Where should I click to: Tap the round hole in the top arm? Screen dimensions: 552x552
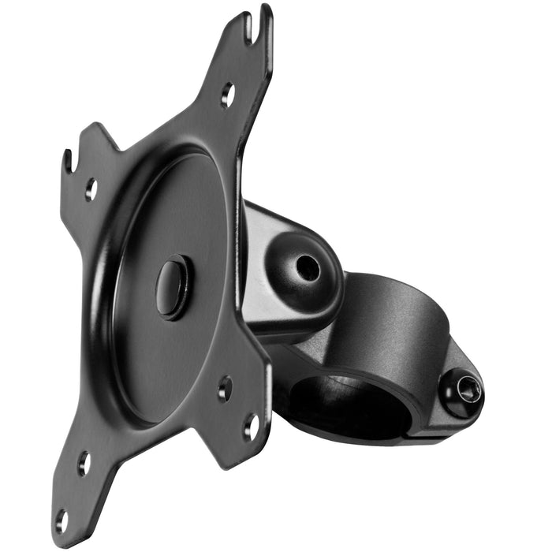227,95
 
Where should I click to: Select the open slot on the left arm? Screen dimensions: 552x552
69,162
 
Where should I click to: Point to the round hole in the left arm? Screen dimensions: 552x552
91,188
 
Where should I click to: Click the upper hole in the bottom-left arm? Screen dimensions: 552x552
84,463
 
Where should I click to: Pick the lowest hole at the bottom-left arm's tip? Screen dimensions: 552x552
62,520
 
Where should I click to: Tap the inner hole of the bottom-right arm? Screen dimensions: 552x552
226,388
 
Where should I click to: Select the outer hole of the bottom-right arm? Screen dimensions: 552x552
251,427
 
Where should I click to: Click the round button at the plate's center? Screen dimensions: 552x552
173,286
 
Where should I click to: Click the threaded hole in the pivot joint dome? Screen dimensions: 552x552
307,268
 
